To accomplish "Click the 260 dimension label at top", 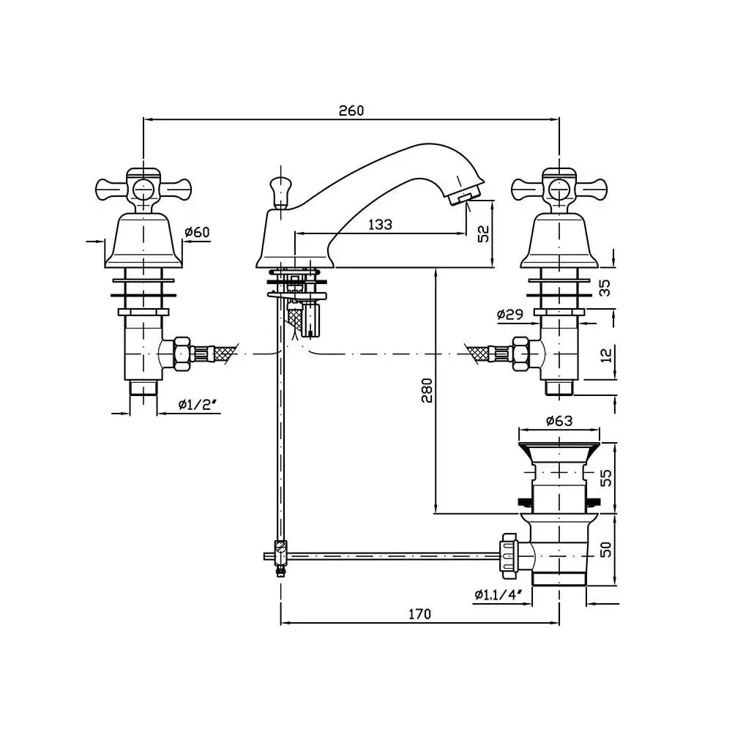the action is [x=351, y=111].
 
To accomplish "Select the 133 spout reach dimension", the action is [x=381, y=224].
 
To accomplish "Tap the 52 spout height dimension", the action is [x=483, y=233].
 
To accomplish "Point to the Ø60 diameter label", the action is [x=198, y=231].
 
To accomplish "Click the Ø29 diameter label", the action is [x=510, y=314].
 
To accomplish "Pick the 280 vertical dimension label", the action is [x=427, y=390].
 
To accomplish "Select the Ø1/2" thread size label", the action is [x=199, y=404].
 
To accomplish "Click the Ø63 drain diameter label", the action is [x=559, y=421].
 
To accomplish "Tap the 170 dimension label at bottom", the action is [x=419, y=614].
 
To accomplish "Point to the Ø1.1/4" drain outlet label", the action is [x=498, y=594].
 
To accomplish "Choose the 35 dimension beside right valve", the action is [x=605, y=288].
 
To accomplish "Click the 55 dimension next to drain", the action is [x=605, y=478].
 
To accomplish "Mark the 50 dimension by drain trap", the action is [x=605, y=550].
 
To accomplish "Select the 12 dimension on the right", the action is [x=605, y=355].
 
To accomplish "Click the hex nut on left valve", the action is [x=182, y=354].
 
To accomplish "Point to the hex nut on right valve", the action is [x=521, y=354].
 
